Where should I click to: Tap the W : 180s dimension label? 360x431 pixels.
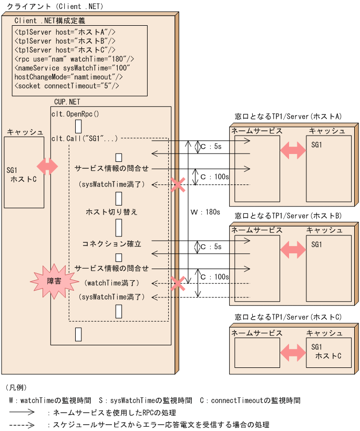[x=205, y=212]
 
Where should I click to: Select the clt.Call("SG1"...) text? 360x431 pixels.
[x=85, y=138]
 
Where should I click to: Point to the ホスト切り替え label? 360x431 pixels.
[x=111, y=212]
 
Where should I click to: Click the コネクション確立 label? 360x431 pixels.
[x=111, y=244]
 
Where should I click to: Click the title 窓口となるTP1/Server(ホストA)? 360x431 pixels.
[x=288, y=116]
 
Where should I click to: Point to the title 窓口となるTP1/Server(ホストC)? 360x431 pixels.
[x=288, y=317]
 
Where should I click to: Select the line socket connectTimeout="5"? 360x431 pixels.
[x=67, y=86]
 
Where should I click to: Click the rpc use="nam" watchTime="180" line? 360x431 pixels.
[x=74, y=59]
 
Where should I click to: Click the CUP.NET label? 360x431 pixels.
[x=67, y=101]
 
